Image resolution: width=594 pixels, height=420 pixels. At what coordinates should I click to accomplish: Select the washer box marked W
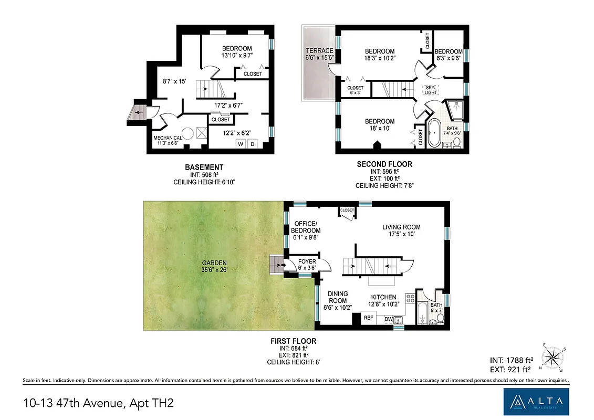click(x=241, y=144)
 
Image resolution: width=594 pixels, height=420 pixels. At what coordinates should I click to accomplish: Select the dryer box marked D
click(x=253, y=144)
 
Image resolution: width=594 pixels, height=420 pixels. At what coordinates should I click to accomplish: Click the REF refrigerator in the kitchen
click(x=369, y=317)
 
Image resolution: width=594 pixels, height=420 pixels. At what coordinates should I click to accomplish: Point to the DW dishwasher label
click(x=389, y=319)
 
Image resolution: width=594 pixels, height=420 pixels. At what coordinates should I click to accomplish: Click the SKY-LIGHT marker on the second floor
click(x=431, y=90)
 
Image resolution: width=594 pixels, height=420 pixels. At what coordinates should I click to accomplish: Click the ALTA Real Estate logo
click(x=535, y=402)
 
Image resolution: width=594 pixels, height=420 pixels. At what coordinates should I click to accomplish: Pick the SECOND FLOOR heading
click(x=384, y=164)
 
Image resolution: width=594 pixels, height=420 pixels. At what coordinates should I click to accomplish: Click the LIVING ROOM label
click(x=401, y=227)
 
